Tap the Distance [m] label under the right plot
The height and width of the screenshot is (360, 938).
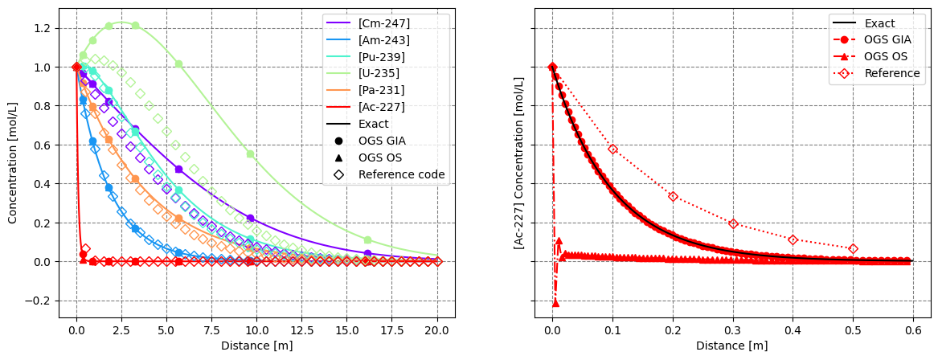(x=731, y=346)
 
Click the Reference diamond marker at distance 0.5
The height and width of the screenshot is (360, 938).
(x=853, y=249)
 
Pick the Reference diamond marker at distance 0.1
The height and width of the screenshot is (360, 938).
(x=612, y=149)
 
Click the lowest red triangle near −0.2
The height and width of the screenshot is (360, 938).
(x=555, y=303)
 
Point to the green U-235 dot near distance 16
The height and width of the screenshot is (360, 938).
(x=367, y=239)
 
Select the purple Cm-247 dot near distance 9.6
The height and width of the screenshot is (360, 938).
(x=250, y=218)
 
